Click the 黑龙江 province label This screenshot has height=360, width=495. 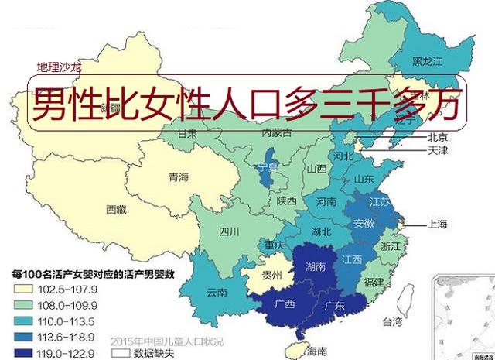click(427, 60)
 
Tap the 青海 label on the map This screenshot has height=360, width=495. click(179, 177)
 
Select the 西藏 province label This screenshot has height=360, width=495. click(117, 209)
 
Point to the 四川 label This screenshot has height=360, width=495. click(229, 231)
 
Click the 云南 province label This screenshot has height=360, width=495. click(217, 293)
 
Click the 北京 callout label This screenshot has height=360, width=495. click(438, 137)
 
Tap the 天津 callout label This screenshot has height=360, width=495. click(438, 149)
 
